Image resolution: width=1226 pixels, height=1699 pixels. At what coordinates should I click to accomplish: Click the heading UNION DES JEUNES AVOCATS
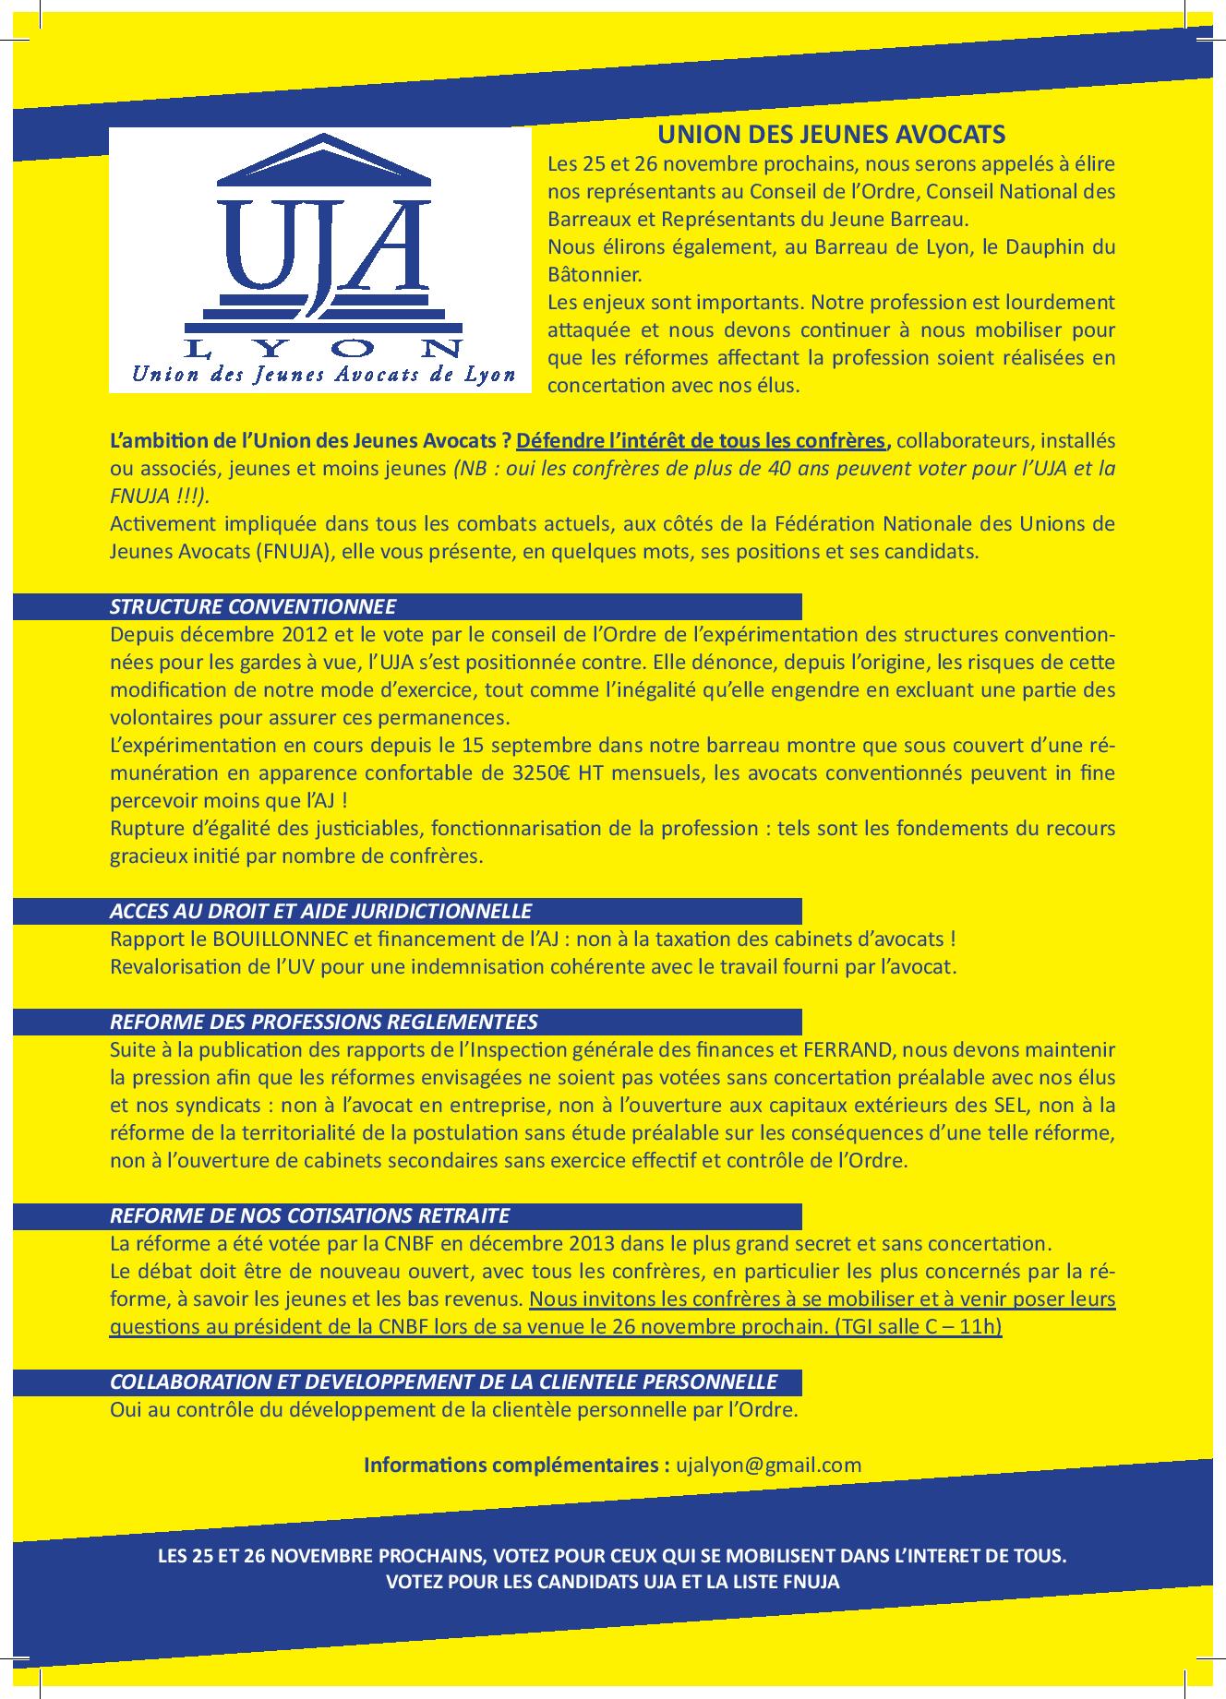(831, 135)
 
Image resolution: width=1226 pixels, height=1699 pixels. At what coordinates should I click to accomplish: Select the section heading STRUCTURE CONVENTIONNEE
(253, 606)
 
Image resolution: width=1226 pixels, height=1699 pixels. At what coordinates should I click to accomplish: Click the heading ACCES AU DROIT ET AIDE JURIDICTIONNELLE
(320, 911)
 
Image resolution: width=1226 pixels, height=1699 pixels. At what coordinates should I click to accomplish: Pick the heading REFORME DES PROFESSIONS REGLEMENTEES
(323, 1022)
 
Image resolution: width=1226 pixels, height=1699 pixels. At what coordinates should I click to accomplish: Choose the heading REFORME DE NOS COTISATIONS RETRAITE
(309, 1215)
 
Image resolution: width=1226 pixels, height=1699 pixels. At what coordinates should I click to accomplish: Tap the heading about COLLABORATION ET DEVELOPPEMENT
(443, 1382)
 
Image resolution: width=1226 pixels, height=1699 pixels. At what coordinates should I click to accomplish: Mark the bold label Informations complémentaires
(516, 1465)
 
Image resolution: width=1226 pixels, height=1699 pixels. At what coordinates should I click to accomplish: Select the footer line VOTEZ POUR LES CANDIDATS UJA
(612, 1581)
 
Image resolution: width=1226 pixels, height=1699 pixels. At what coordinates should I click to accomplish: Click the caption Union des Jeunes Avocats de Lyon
(323, 376)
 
